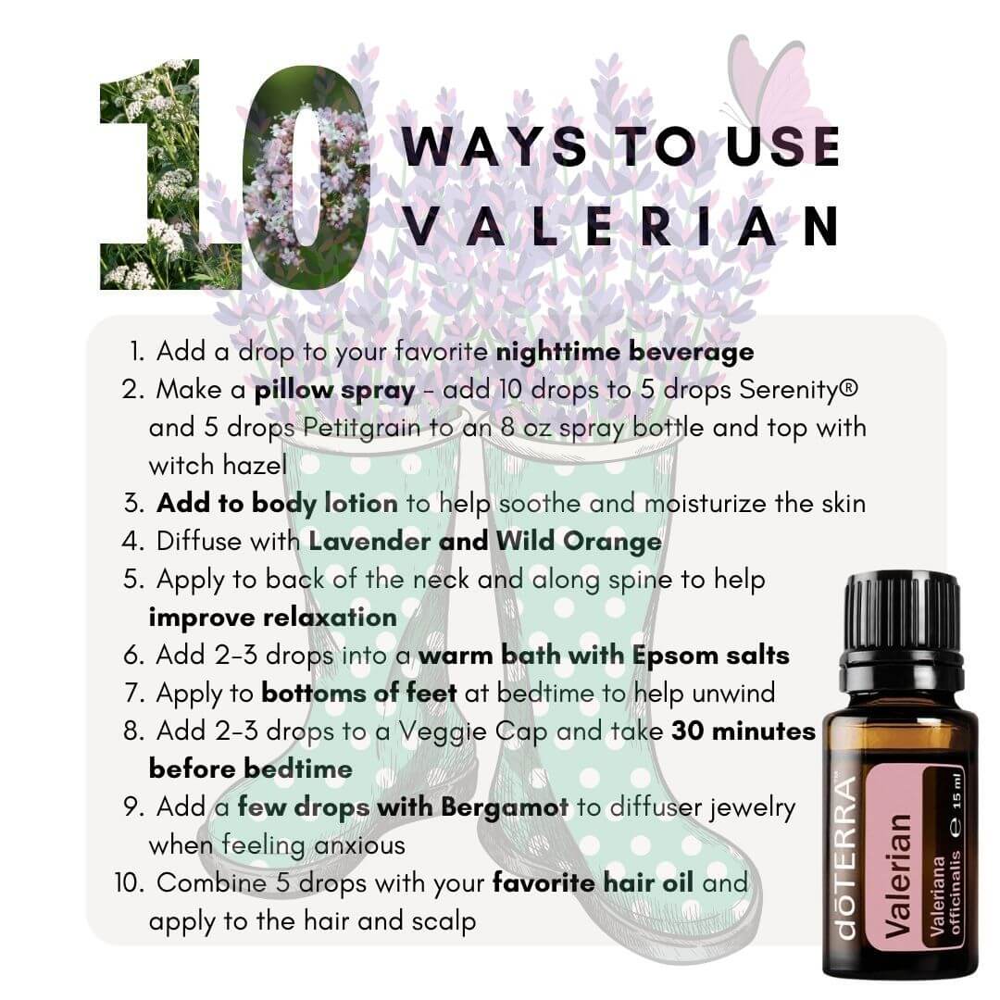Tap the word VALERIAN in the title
[x=621, y=227]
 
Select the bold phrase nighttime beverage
[x=625, y=352]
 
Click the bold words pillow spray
[x=335, y=391]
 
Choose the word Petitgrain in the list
[x=362, y=427]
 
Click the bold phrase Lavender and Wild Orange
[x=485, y=542]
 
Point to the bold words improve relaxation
[x=273, y=618]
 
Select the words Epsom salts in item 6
[x=710, y=656]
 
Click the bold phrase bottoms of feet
[x=359, y=693]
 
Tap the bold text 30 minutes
[x=743, y=731]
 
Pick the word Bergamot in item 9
[x=505, y=807]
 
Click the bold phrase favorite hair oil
[x=594, y=882]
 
